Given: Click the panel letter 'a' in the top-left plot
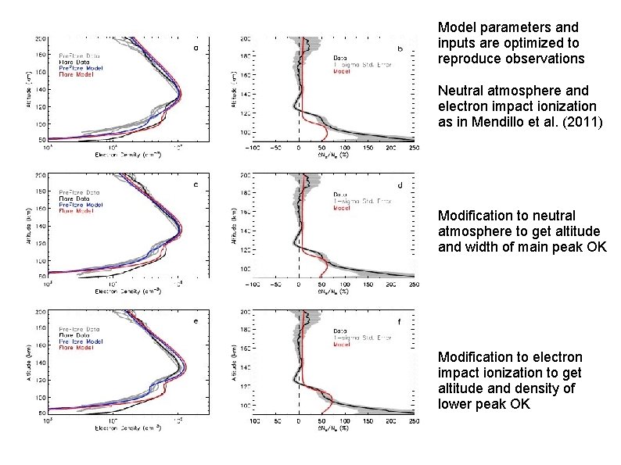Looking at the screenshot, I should [195, 48].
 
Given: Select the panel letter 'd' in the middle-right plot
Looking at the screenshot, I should [400, 185].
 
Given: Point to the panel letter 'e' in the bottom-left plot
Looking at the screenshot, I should [195, 320].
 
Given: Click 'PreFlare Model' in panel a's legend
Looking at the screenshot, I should [81, 66].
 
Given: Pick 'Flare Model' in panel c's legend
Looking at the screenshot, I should [76, 210].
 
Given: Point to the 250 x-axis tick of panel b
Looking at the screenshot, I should [414, 147].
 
